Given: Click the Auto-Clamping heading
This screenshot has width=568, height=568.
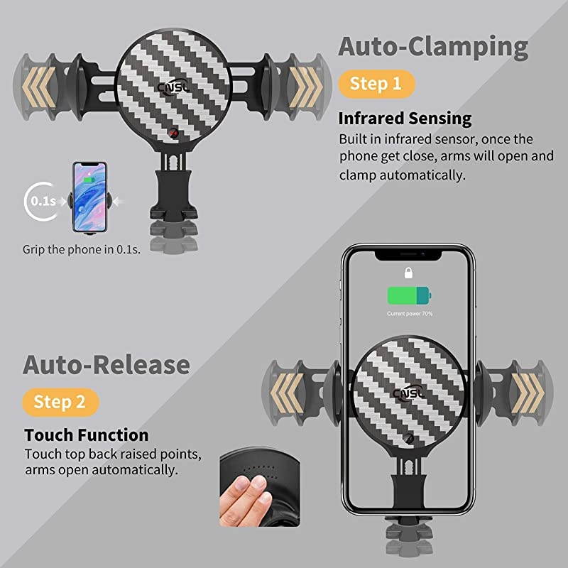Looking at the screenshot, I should [433, 47].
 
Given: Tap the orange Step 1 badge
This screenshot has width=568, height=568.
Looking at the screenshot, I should [376, 84].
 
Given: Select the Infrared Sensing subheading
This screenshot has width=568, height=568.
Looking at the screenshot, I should [405, 119].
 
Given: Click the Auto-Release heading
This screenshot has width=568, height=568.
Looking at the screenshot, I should [106, 365].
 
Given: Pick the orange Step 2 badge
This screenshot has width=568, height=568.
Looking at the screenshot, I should [60, 402].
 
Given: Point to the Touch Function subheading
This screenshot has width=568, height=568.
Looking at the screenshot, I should [87, 435].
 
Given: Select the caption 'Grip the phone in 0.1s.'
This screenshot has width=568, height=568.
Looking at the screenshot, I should [81, 249].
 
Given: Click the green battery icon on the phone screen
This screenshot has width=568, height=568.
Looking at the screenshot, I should [408, 296].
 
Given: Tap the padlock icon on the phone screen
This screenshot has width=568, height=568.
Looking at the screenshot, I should [408, 273].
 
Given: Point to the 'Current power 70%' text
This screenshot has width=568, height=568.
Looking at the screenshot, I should [410, 313].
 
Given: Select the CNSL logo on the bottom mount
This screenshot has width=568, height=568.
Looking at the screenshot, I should [408, 393].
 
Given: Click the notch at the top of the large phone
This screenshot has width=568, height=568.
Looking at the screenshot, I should [408, 253].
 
